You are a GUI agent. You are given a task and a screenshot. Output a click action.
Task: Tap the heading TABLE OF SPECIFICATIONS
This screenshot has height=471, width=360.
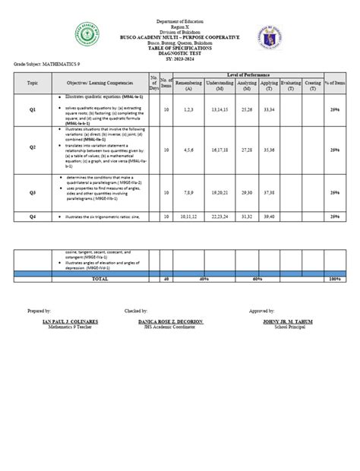(x=180, y=46)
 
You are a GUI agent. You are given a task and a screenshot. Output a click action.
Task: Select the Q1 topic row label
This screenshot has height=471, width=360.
(x=33, y=110)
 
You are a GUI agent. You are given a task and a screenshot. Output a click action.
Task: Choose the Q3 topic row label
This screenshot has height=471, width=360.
(x=33, y=193)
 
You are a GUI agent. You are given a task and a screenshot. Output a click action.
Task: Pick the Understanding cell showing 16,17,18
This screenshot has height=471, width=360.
(x=220, y=150)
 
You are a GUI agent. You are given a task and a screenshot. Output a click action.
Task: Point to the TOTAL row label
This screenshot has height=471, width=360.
(x=100, y=279)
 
